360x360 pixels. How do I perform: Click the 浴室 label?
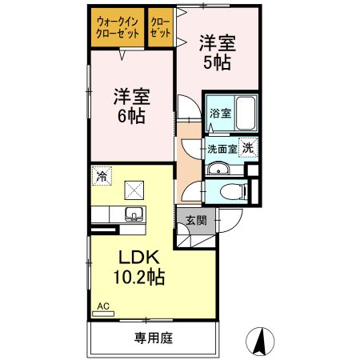click(x=220, y=113)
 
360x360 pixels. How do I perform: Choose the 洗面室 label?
click(x=222, y=149)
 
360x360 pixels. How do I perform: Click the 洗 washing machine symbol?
click(x=250, y=147)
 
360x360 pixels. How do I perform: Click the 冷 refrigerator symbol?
click(x=102, y=174)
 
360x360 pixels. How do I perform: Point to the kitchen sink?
click(x=132, y=214)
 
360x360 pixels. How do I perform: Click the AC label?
click(x=102, y=305)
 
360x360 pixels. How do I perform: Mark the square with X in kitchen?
click(x=133, y=190)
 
